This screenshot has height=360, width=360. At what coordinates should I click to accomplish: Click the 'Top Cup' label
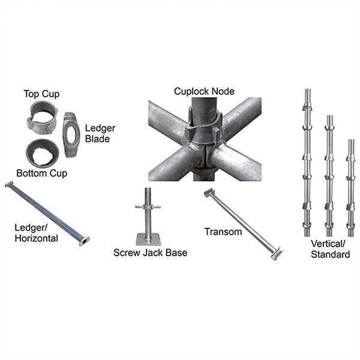point(41,94)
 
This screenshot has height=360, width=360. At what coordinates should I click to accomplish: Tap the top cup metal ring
point(43,118)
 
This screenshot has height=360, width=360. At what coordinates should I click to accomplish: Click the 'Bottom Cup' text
point(41,173)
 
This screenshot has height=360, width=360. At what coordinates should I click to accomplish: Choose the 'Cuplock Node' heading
point(204,91)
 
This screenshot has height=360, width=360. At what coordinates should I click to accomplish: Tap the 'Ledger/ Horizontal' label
point(37,232)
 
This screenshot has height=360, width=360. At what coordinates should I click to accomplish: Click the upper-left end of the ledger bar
point(9,186)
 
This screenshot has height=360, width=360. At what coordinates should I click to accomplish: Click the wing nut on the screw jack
point(148,206)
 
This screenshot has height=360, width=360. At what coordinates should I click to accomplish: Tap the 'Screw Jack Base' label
point(150,253)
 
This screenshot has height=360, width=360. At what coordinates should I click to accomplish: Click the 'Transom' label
point(222,231)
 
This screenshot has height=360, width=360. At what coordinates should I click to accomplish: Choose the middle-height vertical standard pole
point(329,174)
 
